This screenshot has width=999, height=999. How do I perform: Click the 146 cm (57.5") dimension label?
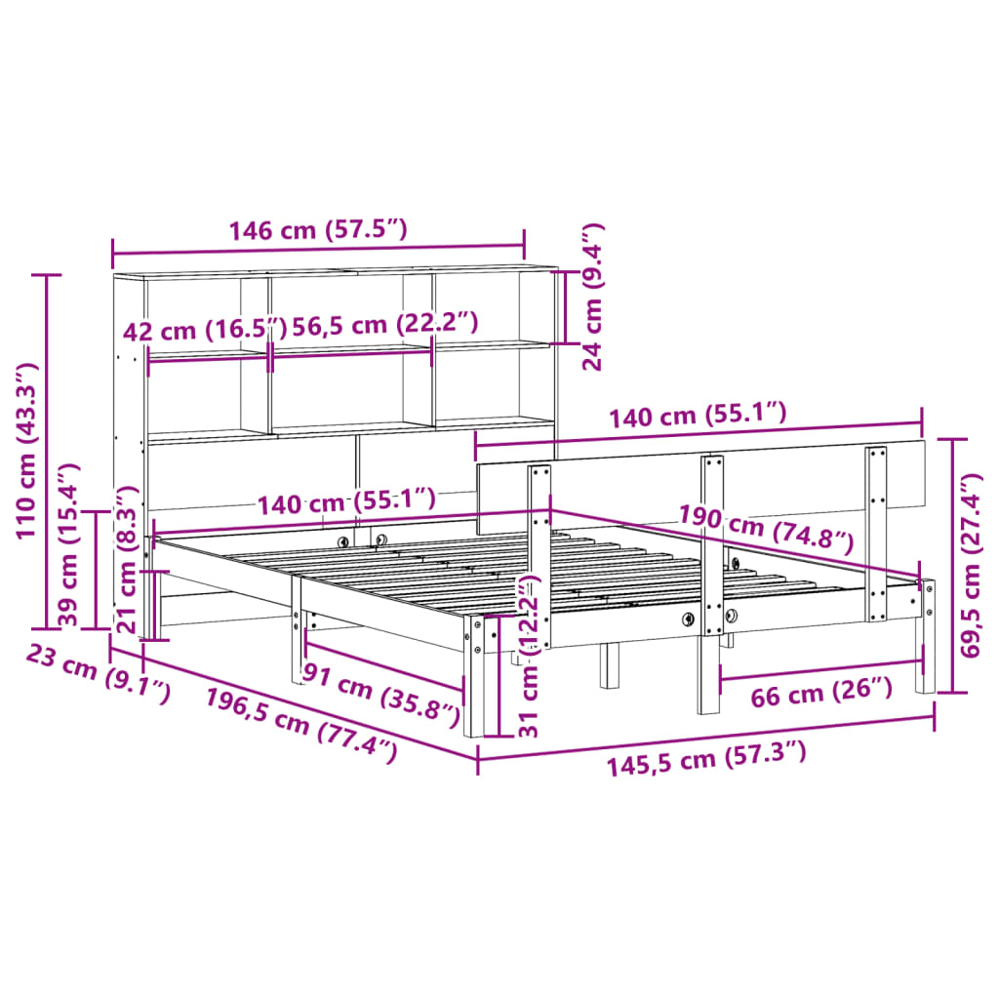pos(317,231)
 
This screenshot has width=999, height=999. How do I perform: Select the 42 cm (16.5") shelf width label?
pos(205,330)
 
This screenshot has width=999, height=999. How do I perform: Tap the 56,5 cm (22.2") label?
pos(385,324)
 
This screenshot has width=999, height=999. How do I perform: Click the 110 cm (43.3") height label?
pos(26,450)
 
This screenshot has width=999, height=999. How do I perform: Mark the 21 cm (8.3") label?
pos(127,566)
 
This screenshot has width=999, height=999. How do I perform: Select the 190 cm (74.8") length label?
pos(767,527)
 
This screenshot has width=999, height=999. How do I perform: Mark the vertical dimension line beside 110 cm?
pos(47,450)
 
